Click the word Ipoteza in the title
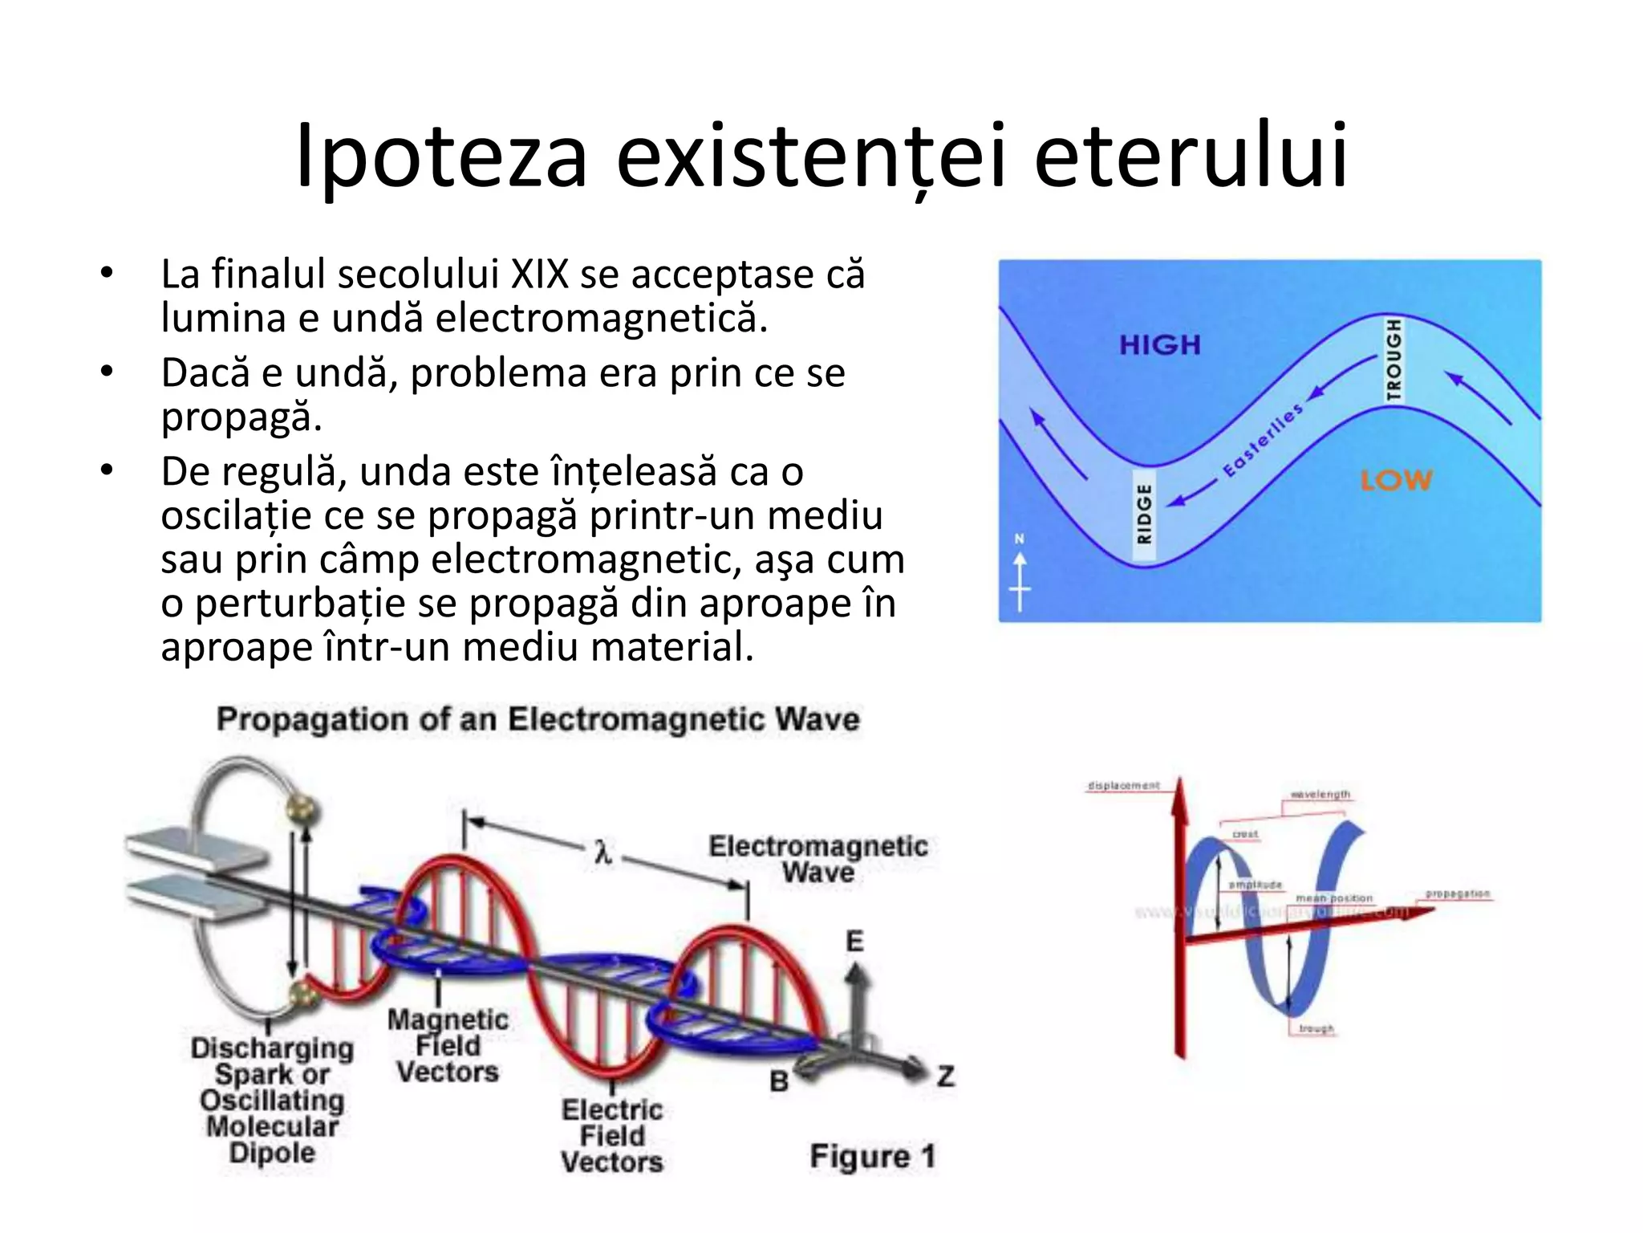point(440,157)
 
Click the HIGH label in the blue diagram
point(1160,345)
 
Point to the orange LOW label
point(1396,480)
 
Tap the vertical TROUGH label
point(1394,359)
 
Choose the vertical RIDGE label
point(1145,514)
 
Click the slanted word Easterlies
point(1262,441)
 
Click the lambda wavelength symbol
point(603,852)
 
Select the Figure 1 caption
point(872,1157)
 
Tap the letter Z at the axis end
point(946,1076)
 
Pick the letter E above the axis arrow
point(855,941)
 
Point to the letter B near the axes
point(779,1081)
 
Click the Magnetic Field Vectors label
point(448,1046)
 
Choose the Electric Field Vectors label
point(612,1136)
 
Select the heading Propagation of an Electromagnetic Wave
point(538,719)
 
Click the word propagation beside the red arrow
point(1457,894)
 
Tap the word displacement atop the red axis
point(1123,785)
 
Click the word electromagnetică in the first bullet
point(602,319)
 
